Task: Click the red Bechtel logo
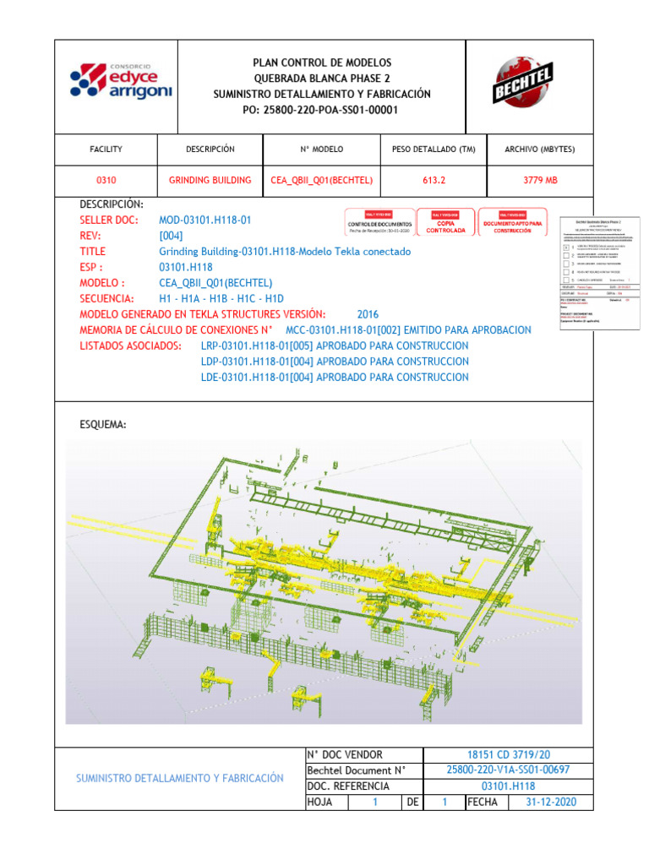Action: click(523, 83)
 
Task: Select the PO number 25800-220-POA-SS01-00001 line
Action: click(321, 110)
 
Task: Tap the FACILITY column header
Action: click(106, 150)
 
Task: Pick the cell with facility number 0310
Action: click(106, 181)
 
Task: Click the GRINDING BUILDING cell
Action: click(210, 181)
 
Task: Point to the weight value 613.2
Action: click(434, 181)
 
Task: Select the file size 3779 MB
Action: click(540, 181)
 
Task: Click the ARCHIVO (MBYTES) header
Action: click(540, 150)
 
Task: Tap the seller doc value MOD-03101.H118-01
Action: click(205, 220)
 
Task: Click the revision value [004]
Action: click(171, 236)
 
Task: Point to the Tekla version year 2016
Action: click(368, 314)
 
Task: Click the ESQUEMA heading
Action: click(102, 425)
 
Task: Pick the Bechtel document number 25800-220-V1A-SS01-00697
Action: click(508, 770)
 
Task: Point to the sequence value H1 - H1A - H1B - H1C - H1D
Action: click(221, 299)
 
